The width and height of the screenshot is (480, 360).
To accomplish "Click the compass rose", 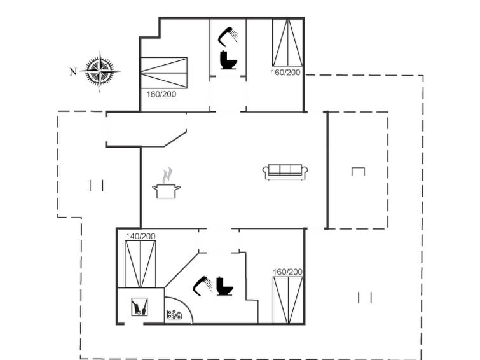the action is point(100,71).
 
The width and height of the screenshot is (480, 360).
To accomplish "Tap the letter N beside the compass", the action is point(73,72).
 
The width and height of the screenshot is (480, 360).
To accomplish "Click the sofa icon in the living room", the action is point(285,172).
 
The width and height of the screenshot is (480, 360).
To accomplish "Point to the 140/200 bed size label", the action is point(141,236).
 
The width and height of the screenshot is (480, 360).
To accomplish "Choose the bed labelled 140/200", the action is point(141,264).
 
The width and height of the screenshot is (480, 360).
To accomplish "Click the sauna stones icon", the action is point(174,315).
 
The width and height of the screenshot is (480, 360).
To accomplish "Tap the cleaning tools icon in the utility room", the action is point(140,307).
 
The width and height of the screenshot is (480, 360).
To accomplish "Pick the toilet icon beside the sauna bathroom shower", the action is point(224,286).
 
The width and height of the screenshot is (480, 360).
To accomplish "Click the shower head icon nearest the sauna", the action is point(203,286).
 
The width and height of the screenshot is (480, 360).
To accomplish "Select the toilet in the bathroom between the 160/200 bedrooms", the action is point(228,60).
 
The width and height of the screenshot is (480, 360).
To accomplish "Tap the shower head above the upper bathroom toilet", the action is point(228,36).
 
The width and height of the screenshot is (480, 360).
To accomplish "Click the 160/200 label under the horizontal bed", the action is point(161,94).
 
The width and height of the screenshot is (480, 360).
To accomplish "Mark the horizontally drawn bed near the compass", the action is point(164,73).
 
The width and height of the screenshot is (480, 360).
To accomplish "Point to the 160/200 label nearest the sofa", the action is point(285,73).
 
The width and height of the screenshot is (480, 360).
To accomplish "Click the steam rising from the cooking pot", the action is point(167,176).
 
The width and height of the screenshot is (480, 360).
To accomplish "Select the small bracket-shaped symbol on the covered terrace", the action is point(358,171).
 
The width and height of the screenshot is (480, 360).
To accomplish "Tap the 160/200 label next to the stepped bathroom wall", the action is point(287,272).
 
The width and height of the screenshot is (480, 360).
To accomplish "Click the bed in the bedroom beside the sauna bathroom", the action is point(288,300).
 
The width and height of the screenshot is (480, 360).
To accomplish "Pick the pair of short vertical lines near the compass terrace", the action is point(97,185).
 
